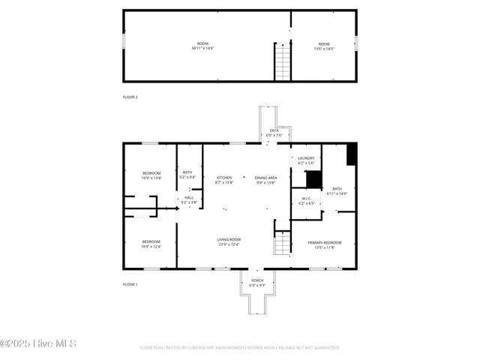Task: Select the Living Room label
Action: pyautogui.click(x=229, y=241)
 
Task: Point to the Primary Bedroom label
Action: pyautogui.click(x=325, y=244)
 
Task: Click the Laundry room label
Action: pyautogui.click(x=305, y=160)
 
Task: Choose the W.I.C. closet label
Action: pyautogui.click(x=306, y=201)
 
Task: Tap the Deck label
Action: pyautogui.click(x=274, y=133)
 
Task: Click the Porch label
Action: pyautogui.click(x=256, y=283)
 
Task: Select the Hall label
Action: pyautogui.click(x=188, y=199)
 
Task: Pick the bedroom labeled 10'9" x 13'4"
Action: pyautogui.click(x=151, y=175)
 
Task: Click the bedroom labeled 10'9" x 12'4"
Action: pyautogui.click(x=151, y=244)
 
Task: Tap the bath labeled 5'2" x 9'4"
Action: pyautogui.click(x=187, y=175)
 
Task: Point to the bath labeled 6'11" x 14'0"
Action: pyautogui.click(x=337, y=190)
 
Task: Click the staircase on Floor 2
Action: pyautogui.click(x=283, y=61)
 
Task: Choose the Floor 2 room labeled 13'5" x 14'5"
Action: pyautogui.click(x=323, y=46)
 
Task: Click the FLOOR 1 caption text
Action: pyautogui.click(x=130, y=284)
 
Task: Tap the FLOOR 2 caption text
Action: pyautogui.click(x=130, y=97)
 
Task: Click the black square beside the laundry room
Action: pyautogui.click(x=314, y=180)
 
